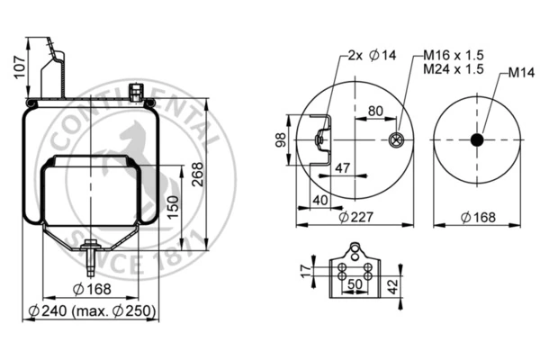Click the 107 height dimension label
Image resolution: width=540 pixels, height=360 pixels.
(x=20, y=67)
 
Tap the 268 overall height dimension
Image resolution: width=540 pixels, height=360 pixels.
(x=198, y=175)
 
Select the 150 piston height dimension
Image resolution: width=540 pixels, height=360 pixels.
(x=173, y=207)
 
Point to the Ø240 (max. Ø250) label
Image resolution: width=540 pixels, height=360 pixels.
(x=93, y=310)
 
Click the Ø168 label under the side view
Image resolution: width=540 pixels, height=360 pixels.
(x=93, y=289)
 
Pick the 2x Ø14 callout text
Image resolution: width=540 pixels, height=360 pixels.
(x=372, y=55)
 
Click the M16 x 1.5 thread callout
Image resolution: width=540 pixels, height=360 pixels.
(x=454, y=55)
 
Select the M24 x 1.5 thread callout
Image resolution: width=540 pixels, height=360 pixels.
(x=454, y=69)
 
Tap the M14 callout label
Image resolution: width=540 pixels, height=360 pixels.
(x=521, y=72)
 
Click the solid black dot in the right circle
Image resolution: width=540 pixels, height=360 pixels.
(x=477, y=139)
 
